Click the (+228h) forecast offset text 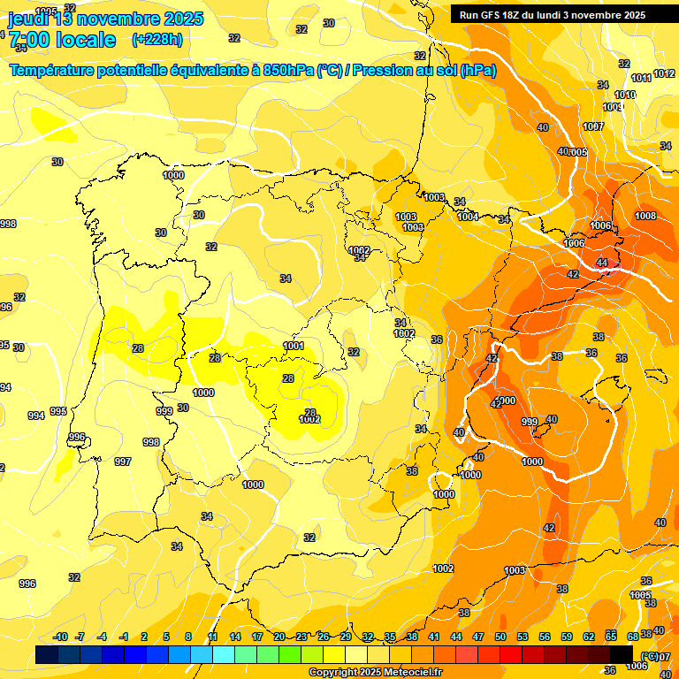click(x=156, y=39)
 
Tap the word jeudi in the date click(x=29, y=19)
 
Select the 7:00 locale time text click(x=62, y=39)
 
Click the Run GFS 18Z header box click(x=553, y=14)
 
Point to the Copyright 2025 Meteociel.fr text click(x=375, y=672)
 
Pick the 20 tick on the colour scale click(x=279, y=637)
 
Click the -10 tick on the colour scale click(x=60, y=637)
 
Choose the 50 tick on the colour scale click(x=500, y=637)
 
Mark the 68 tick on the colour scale click(x=633, y=637)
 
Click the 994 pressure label click(x=35, y=416)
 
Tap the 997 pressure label click(x=123, y=462)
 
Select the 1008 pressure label click(x=645, y=216)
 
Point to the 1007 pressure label click(x=593, y=126)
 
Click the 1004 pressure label click(x=468, y=217)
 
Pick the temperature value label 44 click(x=602, y=263)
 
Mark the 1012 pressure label click(x=664, y=74)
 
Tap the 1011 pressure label click(x=641, y=78)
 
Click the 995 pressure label click(x=58, y=411)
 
